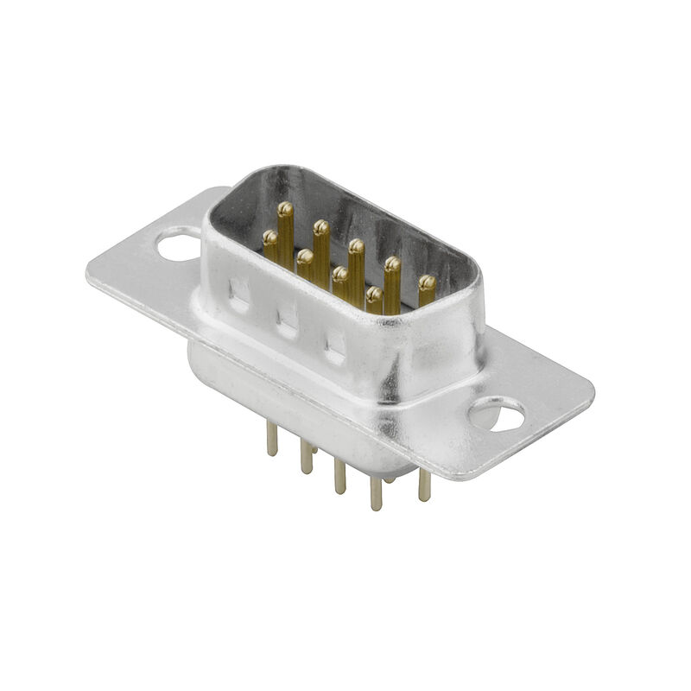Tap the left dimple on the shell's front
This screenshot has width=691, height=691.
point(238,294)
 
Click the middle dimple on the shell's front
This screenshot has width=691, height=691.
point(287,320)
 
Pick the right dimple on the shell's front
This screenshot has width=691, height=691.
point(334,345)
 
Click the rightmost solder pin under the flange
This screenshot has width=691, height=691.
point(424,485)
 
